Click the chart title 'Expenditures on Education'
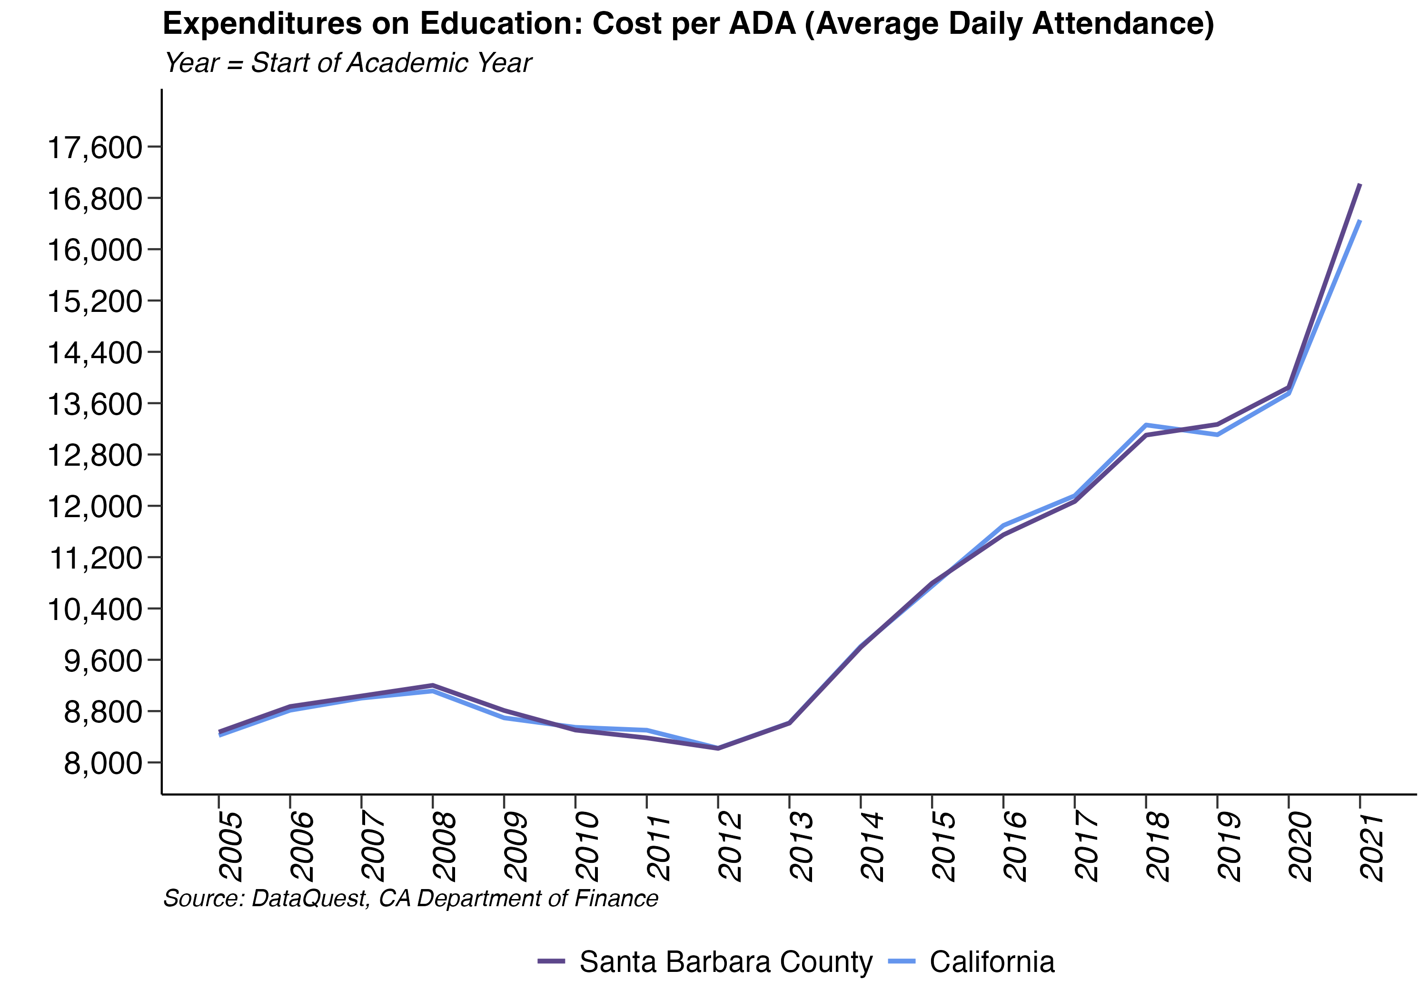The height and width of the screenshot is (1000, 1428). pyautogui.click(x=688, y=24)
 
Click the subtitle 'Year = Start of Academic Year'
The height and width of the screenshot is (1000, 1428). pyautogui.click(x=347, y=63)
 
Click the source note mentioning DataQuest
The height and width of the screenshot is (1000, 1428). pyautogui.click(x=410, y=899)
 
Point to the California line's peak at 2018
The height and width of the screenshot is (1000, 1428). pyautogui.click(x=1146, y=425)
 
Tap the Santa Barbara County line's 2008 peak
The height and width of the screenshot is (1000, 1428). pyautogui.click(x=433, y=685)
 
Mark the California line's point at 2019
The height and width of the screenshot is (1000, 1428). pyautogui.click(x=1217, y=434)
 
